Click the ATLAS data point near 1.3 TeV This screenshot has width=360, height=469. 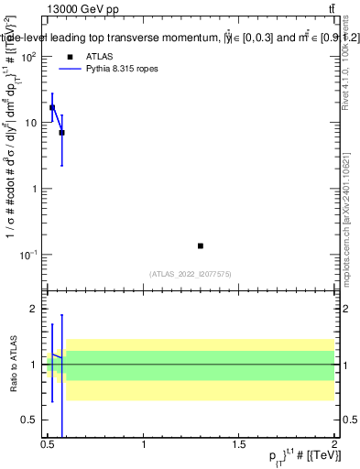(201, 245)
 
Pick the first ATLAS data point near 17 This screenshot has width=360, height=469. (52, 107)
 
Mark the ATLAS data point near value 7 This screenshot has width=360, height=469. (61, 133)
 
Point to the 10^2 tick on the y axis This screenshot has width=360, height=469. (28, 57)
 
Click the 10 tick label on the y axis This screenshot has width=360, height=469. (29, 123)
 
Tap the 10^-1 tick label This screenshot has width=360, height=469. (28, 255)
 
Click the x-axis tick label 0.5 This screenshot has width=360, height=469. (48, 444)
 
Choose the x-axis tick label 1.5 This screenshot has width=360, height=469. (239, 444)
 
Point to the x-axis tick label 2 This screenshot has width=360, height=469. (334, 444)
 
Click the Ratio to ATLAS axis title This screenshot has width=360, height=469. (12, 364)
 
